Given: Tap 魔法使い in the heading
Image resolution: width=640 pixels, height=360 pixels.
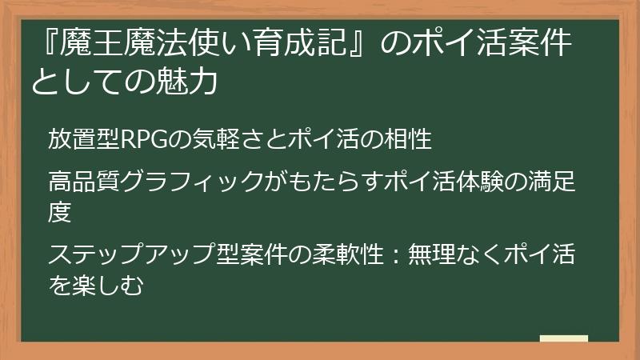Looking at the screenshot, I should (183, 46).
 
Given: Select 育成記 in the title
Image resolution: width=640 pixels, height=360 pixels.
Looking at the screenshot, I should (297, 46).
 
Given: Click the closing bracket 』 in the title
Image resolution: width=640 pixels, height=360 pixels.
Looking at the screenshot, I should (359, 46).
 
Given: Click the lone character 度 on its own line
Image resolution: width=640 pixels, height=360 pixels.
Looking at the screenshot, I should (60, 213).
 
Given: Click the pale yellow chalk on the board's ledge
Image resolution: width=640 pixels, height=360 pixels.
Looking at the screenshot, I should (563, 338).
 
